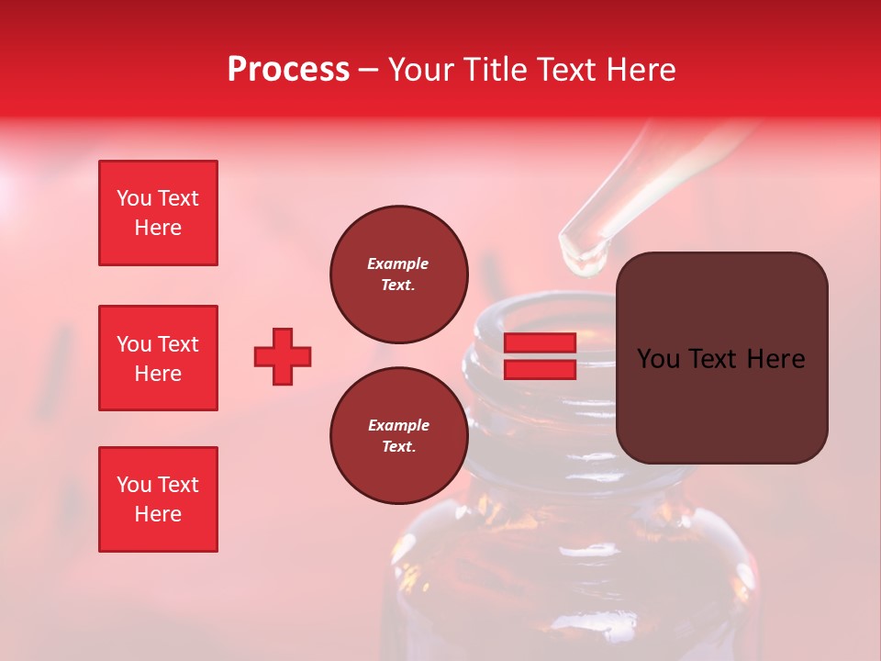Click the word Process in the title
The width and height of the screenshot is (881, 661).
288,70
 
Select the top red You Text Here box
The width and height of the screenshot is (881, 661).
158,213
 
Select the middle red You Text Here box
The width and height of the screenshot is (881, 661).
158,358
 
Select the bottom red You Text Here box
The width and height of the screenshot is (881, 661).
158,499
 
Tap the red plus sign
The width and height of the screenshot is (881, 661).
283,356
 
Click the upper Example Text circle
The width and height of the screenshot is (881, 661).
398,274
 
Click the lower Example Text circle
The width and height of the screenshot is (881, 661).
398,436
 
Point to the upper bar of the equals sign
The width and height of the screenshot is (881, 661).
540,343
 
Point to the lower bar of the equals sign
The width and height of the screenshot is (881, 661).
540,369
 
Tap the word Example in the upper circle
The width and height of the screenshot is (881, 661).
397,263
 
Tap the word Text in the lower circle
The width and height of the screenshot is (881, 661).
397,447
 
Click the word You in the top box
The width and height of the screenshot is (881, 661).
134,198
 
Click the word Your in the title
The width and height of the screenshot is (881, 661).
423,70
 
